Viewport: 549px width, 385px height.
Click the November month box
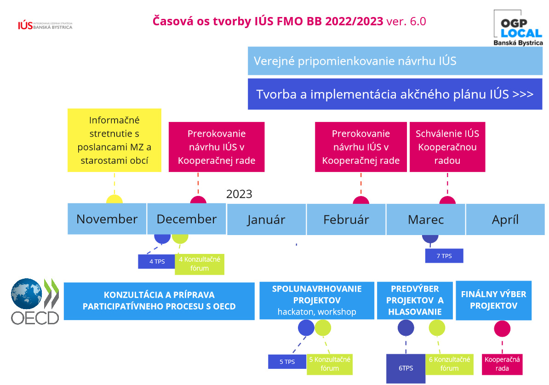tap(107, 219)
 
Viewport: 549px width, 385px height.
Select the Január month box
tap(266, 219)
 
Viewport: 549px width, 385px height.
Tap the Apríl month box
tap(505, 219)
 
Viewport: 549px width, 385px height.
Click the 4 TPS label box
tap(157, 261)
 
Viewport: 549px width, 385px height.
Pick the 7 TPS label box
tap(444, 256)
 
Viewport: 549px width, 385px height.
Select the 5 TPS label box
tap(287, 362)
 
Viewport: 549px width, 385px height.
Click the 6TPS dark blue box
tap(406, 368)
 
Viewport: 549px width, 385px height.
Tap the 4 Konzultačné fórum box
tap(199, 264)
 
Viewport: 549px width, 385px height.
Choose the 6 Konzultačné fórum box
tap(449, 364)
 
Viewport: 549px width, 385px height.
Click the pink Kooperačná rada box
tap(502, 364)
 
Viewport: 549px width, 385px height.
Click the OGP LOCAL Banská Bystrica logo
tap(518, 28)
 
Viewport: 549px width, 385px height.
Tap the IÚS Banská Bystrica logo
tap(45, 25)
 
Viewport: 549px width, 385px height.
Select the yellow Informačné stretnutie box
tap(114, 140)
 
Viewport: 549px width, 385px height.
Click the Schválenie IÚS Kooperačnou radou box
tap(447, 147)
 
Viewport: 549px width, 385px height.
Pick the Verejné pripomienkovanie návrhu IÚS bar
tap(395, 61)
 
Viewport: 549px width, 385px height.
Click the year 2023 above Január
tap(239, 194)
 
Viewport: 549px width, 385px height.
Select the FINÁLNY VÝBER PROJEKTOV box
tap(493, 300)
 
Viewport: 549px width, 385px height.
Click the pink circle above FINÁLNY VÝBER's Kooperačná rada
tap(502, 328)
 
